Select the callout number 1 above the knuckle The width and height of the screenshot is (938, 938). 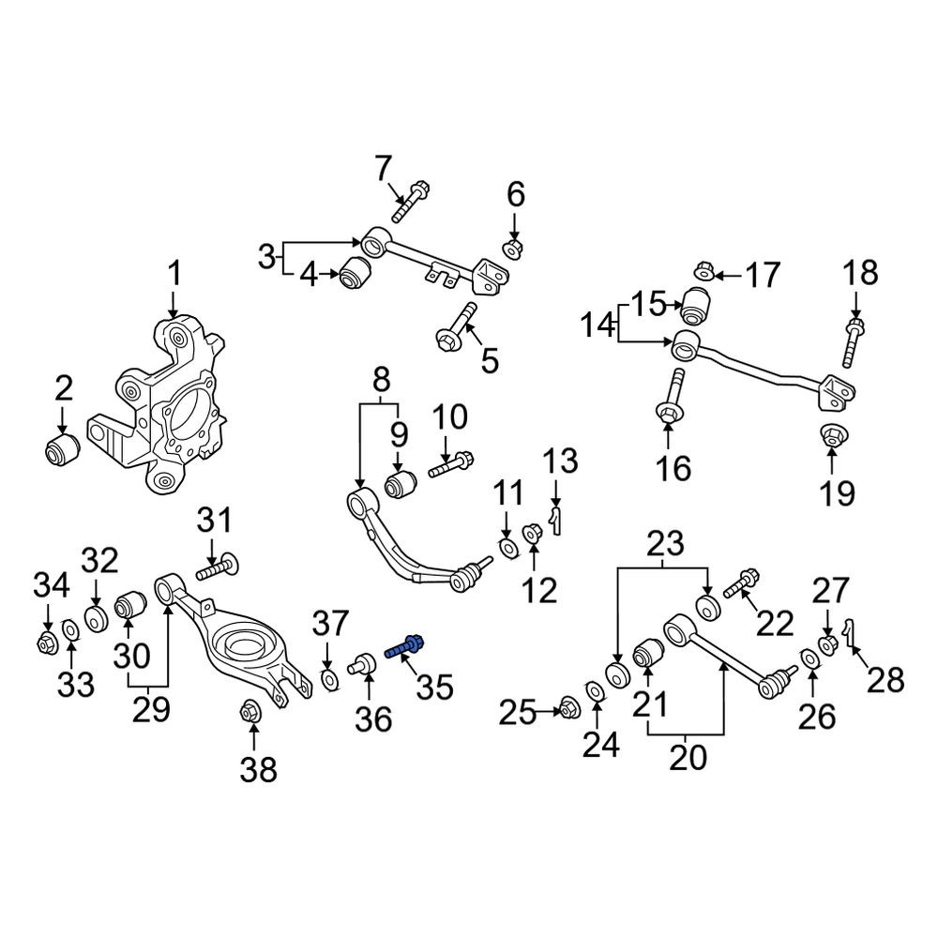(x=174, y=275)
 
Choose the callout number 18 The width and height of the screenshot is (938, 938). (x=860, y=272)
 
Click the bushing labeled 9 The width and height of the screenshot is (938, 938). (x=401, y=483)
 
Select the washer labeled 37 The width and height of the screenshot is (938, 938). (x=329, y=681)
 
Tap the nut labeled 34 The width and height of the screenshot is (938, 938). (x=45, y=644)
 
